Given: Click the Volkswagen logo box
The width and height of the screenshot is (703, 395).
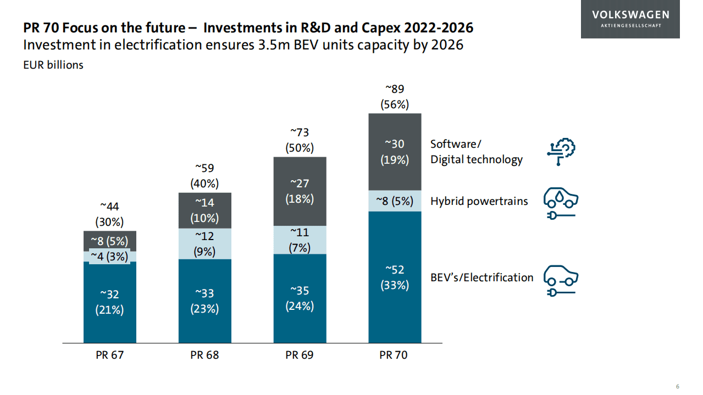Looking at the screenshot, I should pyautogui.click(x=630, y=19).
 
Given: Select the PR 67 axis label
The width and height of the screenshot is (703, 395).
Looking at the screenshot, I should pyautogui.click(x=109, y=355).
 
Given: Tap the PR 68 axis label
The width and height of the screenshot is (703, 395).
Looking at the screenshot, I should pyautogui.click(x=204, y=355).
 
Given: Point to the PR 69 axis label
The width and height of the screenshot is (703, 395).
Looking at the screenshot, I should pyautogui.click(x=300, y=355).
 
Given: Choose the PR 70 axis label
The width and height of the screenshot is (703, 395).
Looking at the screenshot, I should pyautogui.click(x=394, y=355).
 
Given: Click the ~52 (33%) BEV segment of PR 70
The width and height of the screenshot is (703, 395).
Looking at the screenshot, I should pyautogui.click(x=395, y=277).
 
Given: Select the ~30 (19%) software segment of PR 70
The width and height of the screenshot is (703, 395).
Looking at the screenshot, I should pyautogui.click(x=395, y=152).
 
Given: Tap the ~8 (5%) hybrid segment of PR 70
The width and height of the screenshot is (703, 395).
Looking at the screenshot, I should pyautogui.click(x=395, y=201).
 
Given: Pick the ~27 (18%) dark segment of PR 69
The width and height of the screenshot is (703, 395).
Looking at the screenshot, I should pyautogui.click(x=300, y=191).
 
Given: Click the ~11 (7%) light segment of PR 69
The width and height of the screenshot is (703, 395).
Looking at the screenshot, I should pyautogui.click(x=300, y=240).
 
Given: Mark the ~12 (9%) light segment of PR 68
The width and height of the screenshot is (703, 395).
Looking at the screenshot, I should pyautogui.click(x=204, y=244).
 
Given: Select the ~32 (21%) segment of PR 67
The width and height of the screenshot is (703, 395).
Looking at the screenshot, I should pyautogui.click(x=109, y=302).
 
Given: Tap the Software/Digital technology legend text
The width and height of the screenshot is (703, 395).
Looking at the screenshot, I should pyautogui.click(x=476, y=152).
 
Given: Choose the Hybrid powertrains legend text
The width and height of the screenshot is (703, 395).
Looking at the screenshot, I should pyautogui.click(x=479, y=201).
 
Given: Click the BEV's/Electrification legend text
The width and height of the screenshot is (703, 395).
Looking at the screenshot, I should pyautogui.click(x=481, y=277).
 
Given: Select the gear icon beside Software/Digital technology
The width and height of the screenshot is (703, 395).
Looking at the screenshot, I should pyautogui.click(x=561, y=152).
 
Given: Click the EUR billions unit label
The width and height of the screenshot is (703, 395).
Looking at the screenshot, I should pyautogui.click(x=53, y=65).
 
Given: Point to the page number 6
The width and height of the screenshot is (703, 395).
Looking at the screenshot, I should pyautogui.click(x=678, y=385).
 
